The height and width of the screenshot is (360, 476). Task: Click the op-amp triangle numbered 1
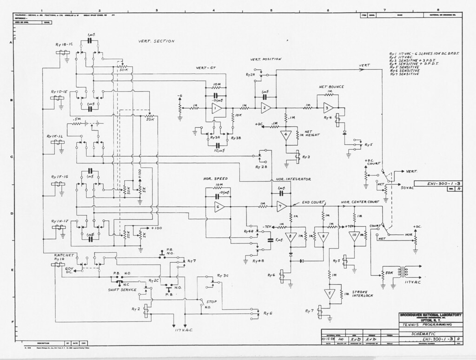click(x=217, y=108)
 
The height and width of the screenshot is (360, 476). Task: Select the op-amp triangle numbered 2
click(x=265, y=108)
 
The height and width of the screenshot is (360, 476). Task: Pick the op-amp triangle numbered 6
click(x=219, y=207)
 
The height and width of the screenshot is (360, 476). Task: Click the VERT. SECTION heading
click(x=156, y=41)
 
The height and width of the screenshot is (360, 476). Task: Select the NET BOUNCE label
click(x=331, y=87)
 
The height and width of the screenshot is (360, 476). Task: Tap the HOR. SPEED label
click(x=214, y=178)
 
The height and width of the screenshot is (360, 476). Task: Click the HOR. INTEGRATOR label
click(x=293, y=179)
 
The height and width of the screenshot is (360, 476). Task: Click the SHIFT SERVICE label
click(x=122, y=289)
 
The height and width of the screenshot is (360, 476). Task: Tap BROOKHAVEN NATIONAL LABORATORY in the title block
click(x=430, y=315)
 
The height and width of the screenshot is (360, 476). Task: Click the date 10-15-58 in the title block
click(x=330, y=339)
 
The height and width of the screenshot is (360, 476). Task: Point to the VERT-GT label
click(x=206, y=68)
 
